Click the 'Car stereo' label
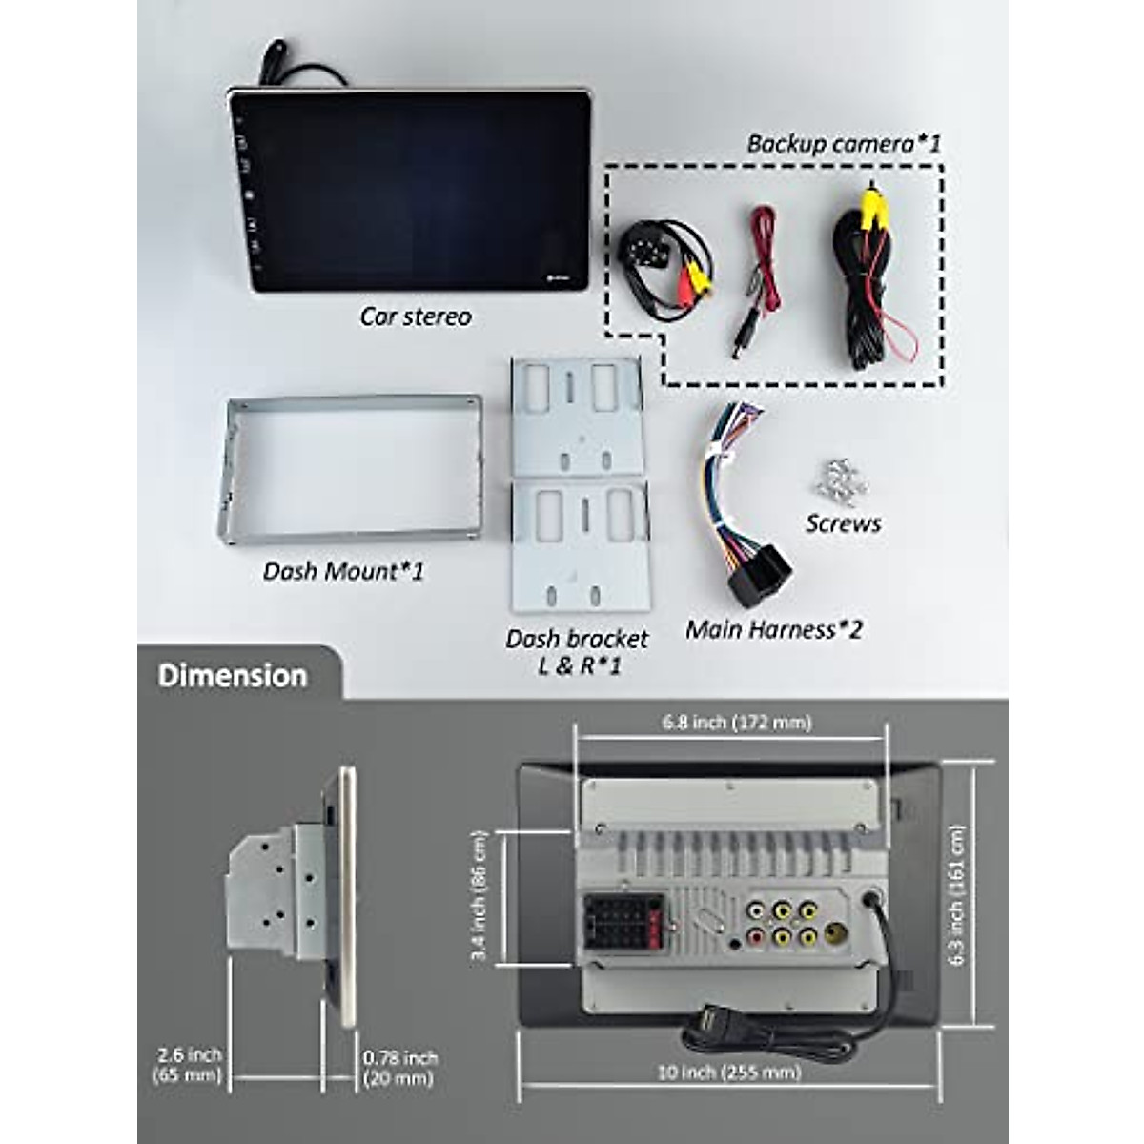[416, 317]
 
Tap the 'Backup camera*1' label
[843, 144]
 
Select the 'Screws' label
[843, 523]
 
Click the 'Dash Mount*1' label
[343, 571]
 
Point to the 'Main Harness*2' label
[773, 630]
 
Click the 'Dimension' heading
[233, 676]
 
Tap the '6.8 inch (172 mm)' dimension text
[737, 723]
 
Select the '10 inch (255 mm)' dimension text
[729, 1072]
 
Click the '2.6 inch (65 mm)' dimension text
[189, 1066]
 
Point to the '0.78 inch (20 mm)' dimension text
[399, 1068]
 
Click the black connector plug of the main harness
[758, 577]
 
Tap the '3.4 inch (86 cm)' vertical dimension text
[480, 896]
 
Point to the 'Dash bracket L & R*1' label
[577, 652]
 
